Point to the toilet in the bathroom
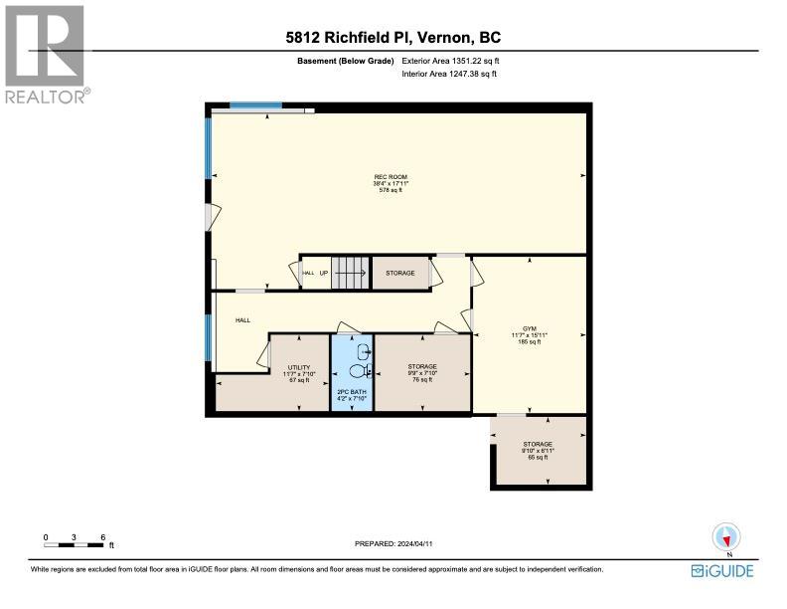click(361, 371)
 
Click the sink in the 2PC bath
click(363, 349)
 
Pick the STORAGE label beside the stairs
click(400, 273)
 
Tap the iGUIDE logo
click(722, 570)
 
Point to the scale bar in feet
click(75, 541)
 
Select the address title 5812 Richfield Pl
click(393, 38)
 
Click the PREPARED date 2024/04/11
click(393, 543)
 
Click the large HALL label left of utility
click(242, 320)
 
